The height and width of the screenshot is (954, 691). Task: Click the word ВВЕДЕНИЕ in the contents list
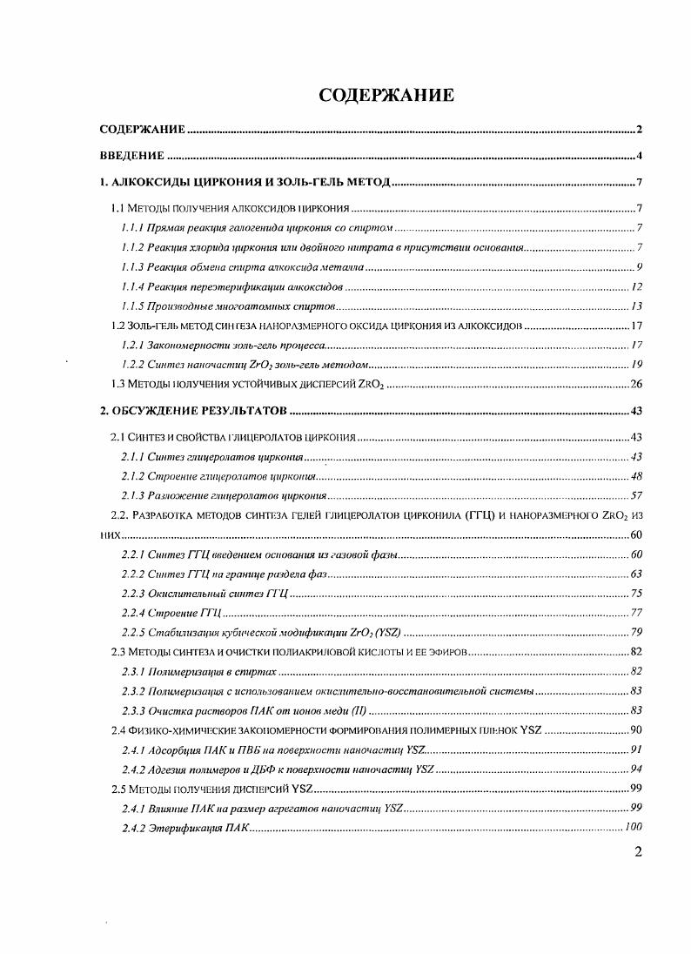(x=132, y=157)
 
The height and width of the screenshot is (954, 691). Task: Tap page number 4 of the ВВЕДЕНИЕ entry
(x=639, y=157)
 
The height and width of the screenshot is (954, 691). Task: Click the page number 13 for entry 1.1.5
(x=636, y=306)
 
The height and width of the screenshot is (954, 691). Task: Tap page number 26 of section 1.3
(x=635, y=384)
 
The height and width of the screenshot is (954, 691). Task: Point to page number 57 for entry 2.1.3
(x=636, y=496)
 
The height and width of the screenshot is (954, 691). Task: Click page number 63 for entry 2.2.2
(x=636, y=574)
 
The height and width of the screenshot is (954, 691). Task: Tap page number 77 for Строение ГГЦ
(x=636, y=613)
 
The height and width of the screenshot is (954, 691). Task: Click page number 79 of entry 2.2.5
(x=636, y=632)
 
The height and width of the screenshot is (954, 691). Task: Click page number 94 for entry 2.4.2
(x=636, y=769)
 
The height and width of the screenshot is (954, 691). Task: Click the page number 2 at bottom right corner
(x=638, y=852)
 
